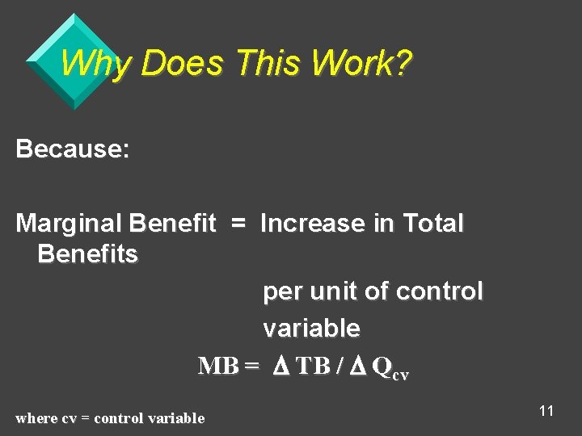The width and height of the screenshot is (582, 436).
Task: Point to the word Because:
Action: click(x=73, y=149)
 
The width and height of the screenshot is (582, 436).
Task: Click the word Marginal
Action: click(x=69, y=223)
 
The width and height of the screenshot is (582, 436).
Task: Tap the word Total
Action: click(x=433, y=223)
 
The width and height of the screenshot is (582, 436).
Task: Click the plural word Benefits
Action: click(x=87, y=254)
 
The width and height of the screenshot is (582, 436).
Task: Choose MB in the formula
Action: click(x=218, y=366)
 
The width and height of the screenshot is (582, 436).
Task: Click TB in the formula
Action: click(x=314, y=366)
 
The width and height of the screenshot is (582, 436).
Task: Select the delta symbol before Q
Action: click(x=356, y=366)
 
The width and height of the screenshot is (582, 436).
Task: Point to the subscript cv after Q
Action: click(x=400, y=374)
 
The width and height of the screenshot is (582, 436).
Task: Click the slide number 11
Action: click(x=546, y=411)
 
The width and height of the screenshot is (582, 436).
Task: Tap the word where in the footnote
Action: click(x=36, y=418)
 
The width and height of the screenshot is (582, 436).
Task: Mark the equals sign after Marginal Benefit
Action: click(x=238, y=223)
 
